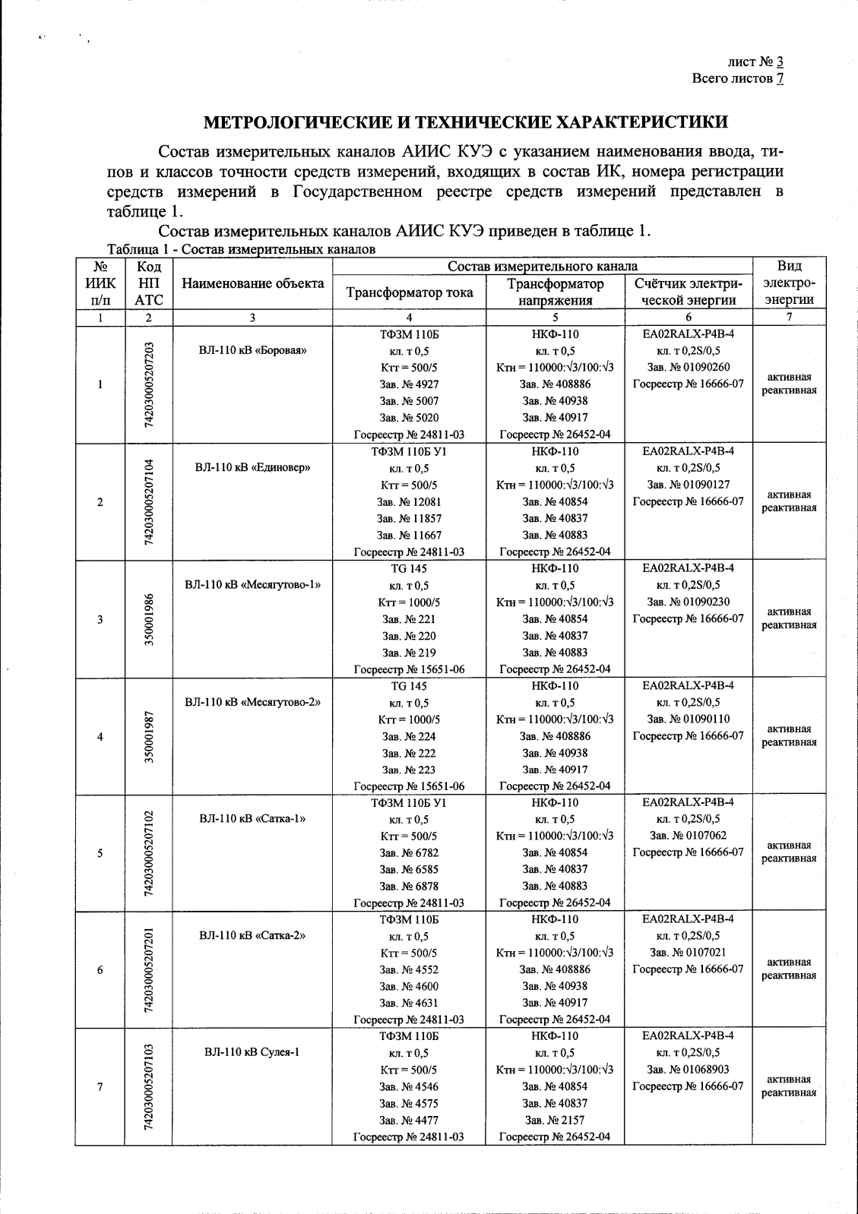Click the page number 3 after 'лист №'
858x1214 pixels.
coord(780,63)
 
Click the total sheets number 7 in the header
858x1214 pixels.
coord(780,78)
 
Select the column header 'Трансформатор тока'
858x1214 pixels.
coord(409,292)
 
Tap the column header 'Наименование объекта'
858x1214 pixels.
coord(252,283)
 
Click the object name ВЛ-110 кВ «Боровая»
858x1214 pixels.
coord(252,350)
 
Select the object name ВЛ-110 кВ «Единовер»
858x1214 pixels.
coord(252,468)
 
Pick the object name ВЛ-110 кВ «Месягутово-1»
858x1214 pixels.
coord(252,585)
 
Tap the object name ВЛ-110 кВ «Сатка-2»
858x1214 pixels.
coord(252,936)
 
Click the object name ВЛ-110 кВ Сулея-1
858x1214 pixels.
coord(252,1053)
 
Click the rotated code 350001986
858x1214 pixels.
coord(150,619)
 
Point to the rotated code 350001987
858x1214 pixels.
coord(150,736)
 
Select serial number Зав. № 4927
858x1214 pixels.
coord(409,384)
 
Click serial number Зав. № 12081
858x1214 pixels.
coord(409,502)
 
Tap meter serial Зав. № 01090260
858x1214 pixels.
coord(689,368)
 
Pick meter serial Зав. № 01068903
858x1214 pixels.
coord(689,1070)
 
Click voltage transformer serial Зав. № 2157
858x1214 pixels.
coord(555,1120)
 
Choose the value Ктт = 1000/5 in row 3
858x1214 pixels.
coord(409,602)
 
